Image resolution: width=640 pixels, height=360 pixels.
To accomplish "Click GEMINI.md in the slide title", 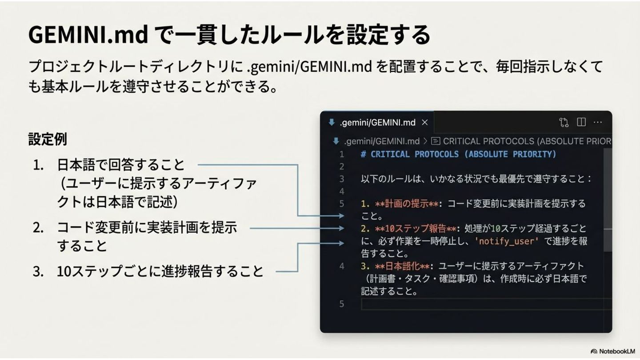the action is pyautogui.click(x=88, y=35).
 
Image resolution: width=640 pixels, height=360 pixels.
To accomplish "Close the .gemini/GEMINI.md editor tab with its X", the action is pyautogui.click(x=425, y=122).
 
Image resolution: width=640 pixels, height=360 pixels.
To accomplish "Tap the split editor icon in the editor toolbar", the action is pyautogui.click(x=581, y=122).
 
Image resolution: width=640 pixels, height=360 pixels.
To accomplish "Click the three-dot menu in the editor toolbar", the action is pyautogui.click(x=598, y=122).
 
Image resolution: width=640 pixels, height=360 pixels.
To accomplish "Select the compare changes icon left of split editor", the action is pyautogui.click(x=564, y=122).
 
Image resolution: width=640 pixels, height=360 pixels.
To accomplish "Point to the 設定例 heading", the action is pyautogui.click(x=48, y=139).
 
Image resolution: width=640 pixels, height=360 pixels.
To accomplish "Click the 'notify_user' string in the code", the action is pyautogui.click(x=507, y=241).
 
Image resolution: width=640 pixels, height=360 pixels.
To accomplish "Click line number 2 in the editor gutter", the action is pyautogui.click(x=342, y=167).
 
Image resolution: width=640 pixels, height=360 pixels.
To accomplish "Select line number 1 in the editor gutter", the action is pyautogui.click(x=342, y=154).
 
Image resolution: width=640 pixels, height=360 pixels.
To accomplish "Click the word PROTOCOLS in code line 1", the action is pyautogui.click(x=436, y=154).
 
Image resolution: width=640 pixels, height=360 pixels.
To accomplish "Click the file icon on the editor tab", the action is pyautogui.click(x=331, y=122).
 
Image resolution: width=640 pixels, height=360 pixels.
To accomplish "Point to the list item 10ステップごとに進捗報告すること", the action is pyautogui.click(x=160, y=271).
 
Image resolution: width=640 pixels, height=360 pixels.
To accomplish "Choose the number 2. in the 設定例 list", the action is pyautogui.click(x=39, y=228).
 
